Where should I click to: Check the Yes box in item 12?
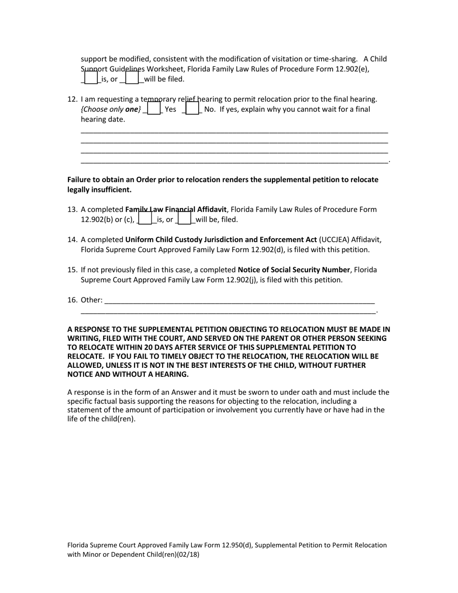153,108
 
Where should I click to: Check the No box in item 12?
192,108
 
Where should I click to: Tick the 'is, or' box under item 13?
145,219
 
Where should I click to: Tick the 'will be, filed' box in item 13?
184,219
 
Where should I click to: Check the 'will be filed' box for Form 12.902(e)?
132,78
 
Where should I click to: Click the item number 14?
72,240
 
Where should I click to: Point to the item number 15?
72,270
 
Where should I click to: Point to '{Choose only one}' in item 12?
111,109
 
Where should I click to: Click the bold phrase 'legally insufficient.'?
99,190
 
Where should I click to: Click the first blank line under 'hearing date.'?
234,132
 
